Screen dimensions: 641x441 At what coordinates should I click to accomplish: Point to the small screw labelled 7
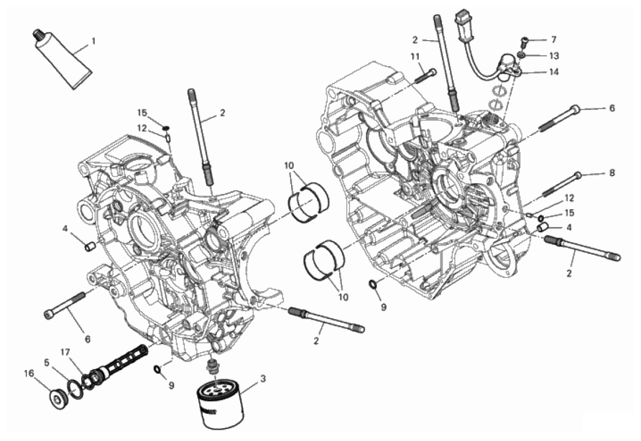[524, 41]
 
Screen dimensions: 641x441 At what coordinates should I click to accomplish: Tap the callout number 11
[415, 56]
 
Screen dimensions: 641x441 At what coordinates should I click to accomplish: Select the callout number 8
[612, 173]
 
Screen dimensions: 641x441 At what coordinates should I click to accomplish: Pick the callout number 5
[47, 362]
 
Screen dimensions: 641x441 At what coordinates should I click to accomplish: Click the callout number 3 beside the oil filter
[263, 379]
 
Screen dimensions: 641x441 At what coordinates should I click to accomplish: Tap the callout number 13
[554, 56]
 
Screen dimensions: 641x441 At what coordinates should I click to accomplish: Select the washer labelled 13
[521, 54]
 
